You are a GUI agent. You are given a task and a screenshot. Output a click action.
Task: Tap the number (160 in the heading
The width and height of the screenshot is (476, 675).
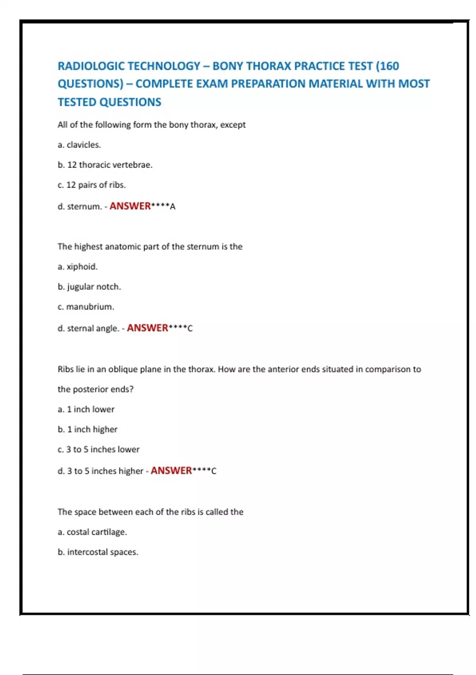click(388, 66)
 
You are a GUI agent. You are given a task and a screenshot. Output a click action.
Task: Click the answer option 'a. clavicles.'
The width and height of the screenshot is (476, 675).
click(79, 145)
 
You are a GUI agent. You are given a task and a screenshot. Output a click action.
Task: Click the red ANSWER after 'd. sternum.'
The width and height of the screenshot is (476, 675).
click(130, 206)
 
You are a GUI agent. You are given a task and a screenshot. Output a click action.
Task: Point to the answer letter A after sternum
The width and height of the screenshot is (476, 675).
click(173, 206)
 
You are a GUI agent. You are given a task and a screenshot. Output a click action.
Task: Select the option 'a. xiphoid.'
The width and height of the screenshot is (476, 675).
click(78, 267)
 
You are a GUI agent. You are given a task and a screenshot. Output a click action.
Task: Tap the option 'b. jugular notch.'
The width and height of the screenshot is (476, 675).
click(89, 287)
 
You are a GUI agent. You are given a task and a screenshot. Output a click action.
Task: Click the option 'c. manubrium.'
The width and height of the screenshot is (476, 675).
click(86, 307)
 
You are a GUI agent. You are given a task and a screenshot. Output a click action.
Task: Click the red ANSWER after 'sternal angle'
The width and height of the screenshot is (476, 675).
click(148, 328)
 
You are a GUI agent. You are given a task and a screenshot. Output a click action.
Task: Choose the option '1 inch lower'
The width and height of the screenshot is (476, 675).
click(86, 409)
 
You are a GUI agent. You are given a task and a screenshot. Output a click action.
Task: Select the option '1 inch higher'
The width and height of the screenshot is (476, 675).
click(88, 430)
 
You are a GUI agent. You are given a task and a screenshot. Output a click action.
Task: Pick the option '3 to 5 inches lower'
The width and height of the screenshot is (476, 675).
click(98, 449)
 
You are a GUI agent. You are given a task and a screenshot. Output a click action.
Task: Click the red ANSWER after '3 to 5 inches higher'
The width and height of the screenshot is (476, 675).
click(171, 471)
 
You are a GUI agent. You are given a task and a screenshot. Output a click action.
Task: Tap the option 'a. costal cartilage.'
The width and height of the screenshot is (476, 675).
click(92, 532)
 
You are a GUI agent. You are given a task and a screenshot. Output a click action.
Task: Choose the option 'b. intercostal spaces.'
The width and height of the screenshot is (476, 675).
click(98, 552)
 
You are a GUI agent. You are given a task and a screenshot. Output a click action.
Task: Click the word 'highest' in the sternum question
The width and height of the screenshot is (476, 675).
click(88, 247)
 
